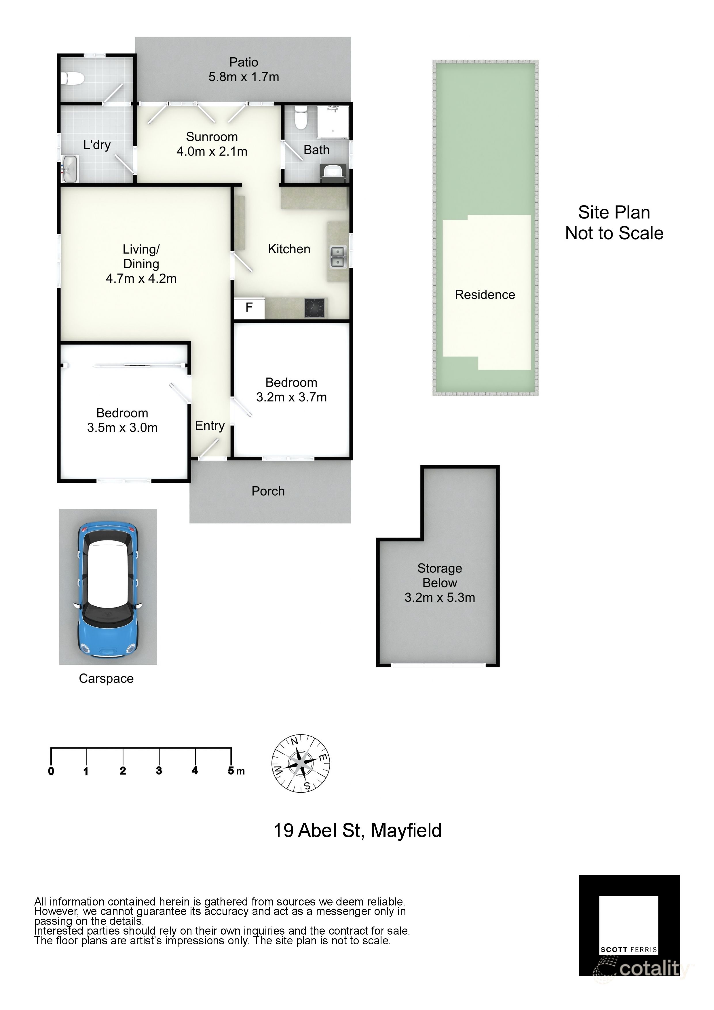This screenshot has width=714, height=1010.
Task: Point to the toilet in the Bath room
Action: [301, 117]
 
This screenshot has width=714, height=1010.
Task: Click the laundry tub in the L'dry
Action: [69, 168]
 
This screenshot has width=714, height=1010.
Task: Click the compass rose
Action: [301, 764]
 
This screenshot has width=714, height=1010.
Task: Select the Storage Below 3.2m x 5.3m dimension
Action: [440, 597]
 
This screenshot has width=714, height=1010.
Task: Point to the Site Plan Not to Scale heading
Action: [614, 223]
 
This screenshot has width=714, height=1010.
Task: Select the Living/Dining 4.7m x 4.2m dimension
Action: [141, 278]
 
